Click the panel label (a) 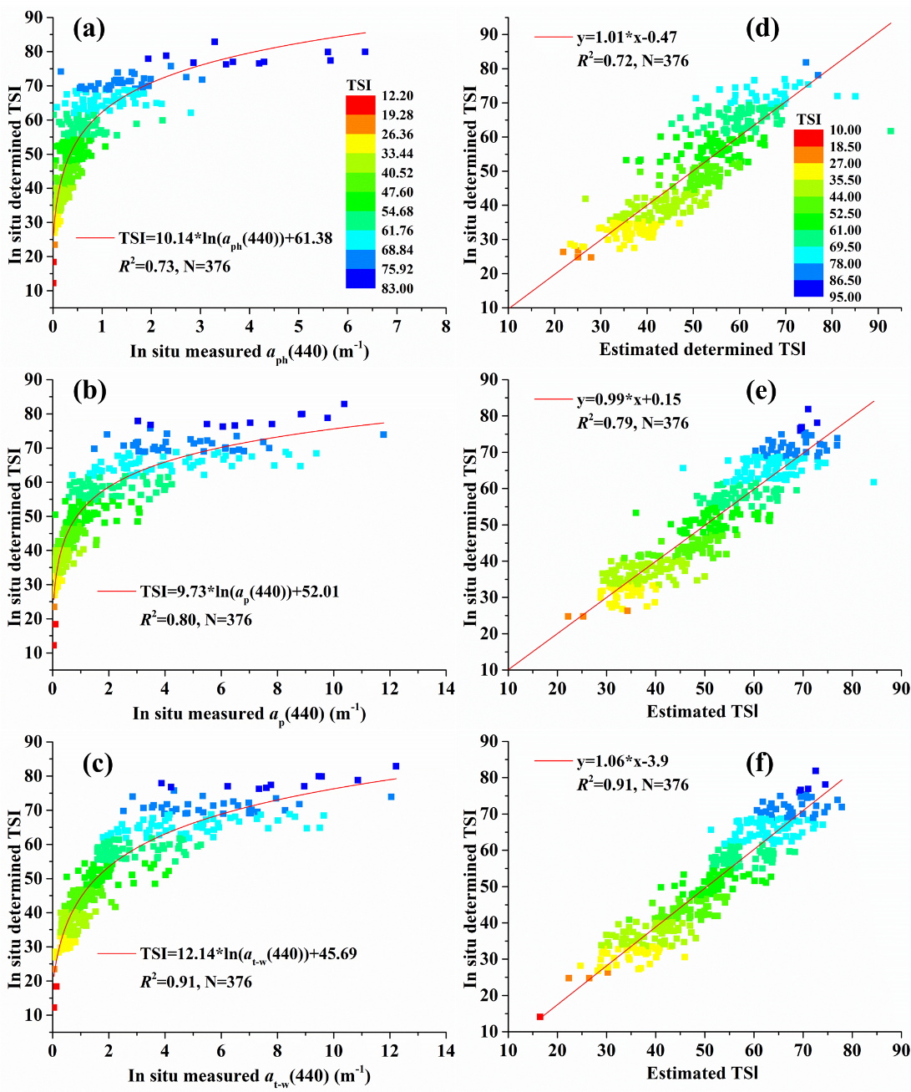[89, 31]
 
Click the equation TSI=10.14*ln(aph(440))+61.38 [225, 239]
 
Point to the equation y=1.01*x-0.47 [626, 38]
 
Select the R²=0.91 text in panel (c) [195, 982]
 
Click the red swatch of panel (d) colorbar [808, 137]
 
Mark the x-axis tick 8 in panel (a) [446, 326]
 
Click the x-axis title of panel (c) [249, 1076]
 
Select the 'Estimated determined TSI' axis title [702, 349]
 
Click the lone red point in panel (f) [540, 1017]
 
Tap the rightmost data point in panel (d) [890, 131]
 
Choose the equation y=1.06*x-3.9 [622, 762]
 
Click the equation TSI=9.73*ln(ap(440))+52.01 [239, 592]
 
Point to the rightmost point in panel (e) [873, 482]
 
